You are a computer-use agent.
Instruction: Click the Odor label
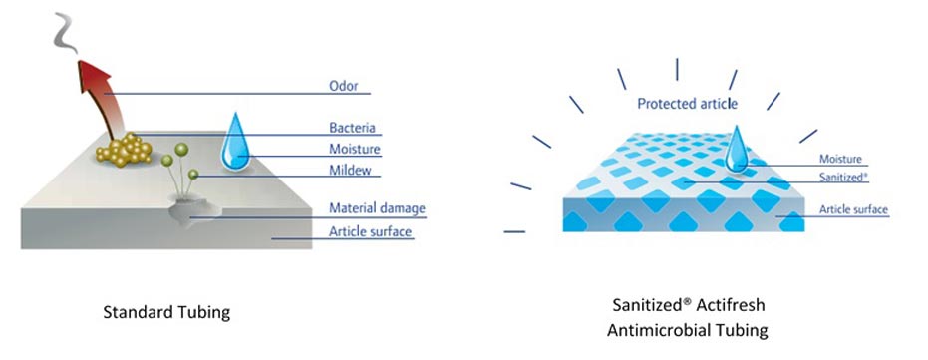pyautogui.click(x=343, y=86)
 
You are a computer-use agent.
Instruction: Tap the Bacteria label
pyautogui.click(x=352, y=128)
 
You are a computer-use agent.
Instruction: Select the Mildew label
pyautogui.click(x=350, y=170)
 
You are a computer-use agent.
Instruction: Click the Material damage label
pyautogui.click(x=377, y=208)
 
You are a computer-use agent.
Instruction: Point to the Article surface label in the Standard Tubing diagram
pyautogui.click(x=370, y=231)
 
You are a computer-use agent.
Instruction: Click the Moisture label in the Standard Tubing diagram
pyautogui.click(x=355, y=149)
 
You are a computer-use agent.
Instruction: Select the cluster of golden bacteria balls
pyautogui.click(x=125, y=150)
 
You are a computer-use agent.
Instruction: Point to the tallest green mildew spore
pyautogui.click(x=181, y=150)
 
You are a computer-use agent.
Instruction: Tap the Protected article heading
pyautogui.click(x=687, y=104)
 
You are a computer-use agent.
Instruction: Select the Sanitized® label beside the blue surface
pyautogui.click(x=843, y=177)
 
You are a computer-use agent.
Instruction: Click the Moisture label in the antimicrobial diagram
pyautogui.click(x=840, y=159)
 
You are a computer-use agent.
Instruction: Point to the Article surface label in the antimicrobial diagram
pyautogui.click(x=853, y=209)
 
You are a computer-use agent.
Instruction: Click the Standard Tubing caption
pyautogui.click(x=166, y=312)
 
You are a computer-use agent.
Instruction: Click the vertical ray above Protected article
pyautogui.click(x=677, y=69)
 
